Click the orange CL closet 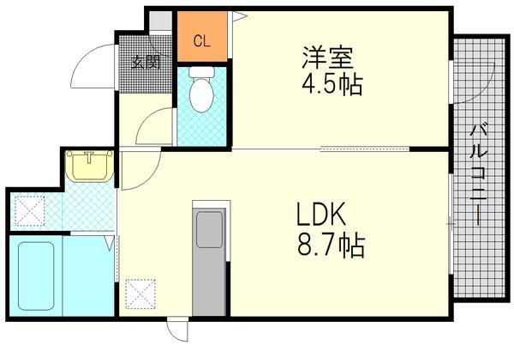201,39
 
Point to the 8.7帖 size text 331,246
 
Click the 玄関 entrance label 146,61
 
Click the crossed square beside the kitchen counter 139,293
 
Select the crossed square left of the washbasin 31,209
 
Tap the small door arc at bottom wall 177,331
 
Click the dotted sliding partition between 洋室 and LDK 364,149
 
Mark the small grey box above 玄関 159,20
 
